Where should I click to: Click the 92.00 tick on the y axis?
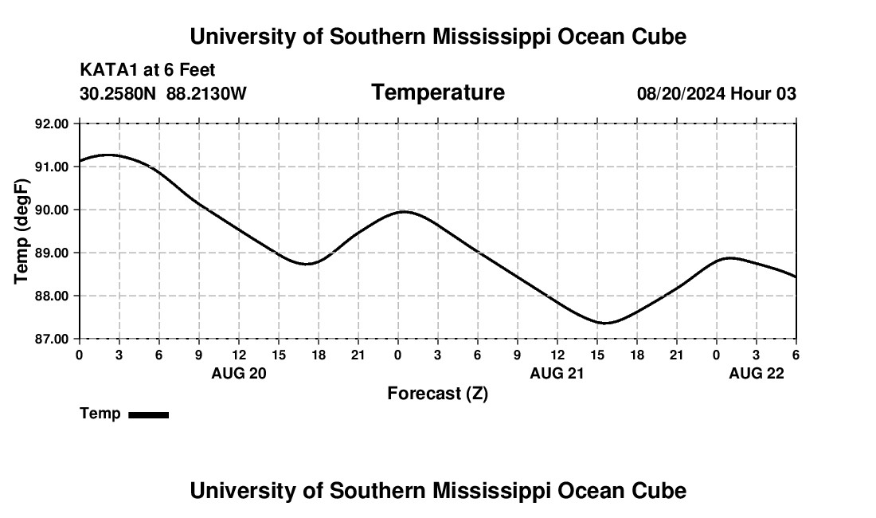[x=53, y=124]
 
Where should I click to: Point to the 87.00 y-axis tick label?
[x=53, y=339]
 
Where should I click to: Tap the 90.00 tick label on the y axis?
[x=53, y=210]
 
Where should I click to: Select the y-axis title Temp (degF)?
[x=22, y=232]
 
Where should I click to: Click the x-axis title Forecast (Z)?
[x=437, y=393]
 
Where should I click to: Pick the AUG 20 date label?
[x=238, y=373]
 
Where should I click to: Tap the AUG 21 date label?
[x=557, y=373]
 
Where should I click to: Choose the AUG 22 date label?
[x=757, y=373]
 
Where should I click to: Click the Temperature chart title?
[x=438, y=92]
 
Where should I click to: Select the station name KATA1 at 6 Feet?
[x=147, y=71]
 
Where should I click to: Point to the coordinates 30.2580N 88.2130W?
[x=163, y=94]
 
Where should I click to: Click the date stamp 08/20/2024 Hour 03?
[x=716, y=94]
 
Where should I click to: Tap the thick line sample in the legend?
[x=148, y=414]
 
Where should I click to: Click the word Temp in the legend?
[x=100, y=414]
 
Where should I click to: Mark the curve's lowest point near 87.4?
[x=604, y=323]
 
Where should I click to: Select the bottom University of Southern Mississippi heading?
[x=437, y=491]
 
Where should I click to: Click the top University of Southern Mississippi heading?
[x=437, y=37]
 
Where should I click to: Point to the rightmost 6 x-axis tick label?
[x=796, y=355]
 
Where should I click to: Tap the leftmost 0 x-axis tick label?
[x=79, y=355]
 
